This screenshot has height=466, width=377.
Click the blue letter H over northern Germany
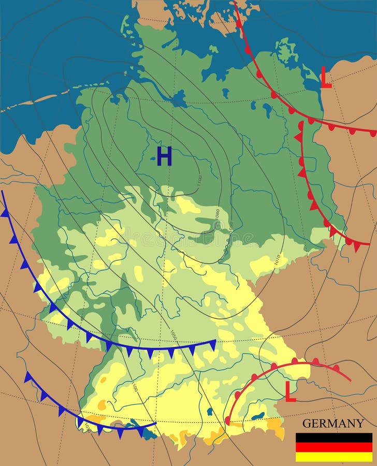(x=164, y=156)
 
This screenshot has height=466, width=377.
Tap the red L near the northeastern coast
(x=326, y=77)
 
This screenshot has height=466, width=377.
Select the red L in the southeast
(x=291, y=392)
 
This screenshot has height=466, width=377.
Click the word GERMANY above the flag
(x=333, y=423)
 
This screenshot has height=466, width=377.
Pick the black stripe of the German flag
(x=334, y=438)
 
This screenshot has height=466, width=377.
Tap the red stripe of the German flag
(x=334, y=447)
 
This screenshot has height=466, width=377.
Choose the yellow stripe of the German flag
(x=334, y=456)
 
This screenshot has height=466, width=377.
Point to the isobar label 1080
(x=218, y=213)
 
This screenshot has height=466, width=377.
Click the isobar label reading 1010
(x=277, y=259)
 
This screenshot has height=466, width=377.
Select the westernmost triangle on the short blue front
(x=28, y=377)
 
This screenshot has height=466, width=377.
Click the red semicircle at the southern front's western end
(x=227, y=420)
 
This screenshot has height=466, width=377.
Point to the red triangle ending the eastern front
(x=357, y=246)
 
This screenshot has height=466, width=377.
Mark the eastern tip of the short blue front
(x=156, y=423)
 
